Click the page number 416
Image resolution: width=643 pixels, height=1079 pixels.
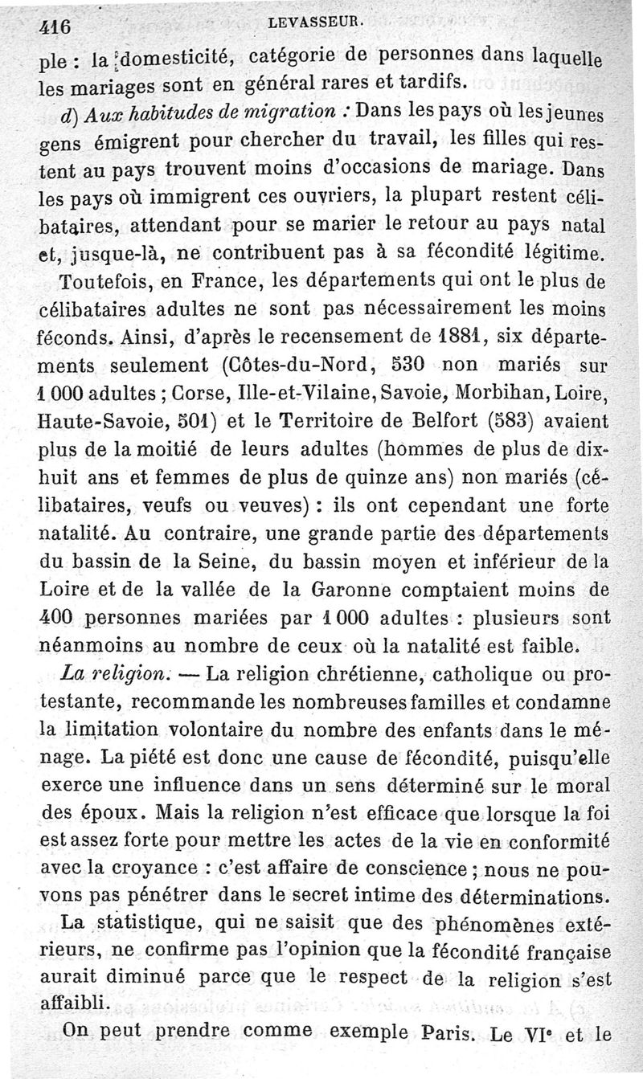[55, 26]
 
